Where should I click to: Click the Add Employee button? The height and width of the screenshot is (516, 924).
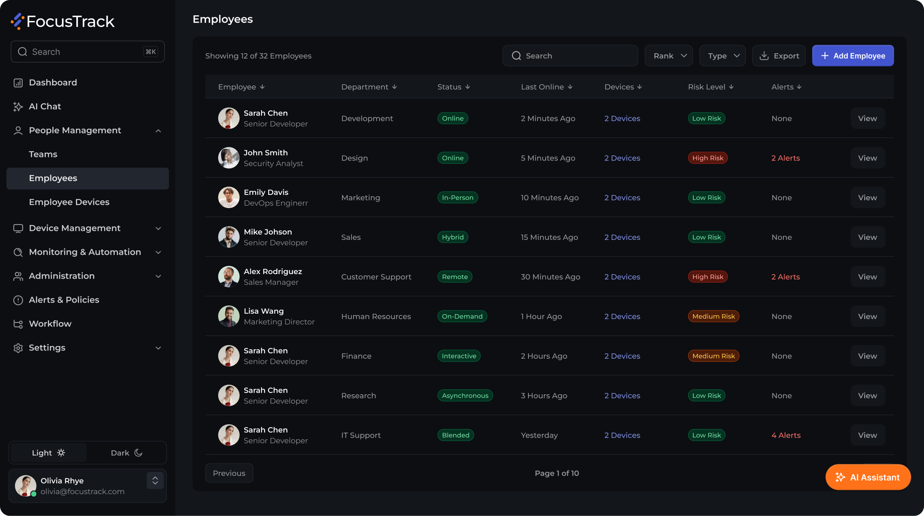[853, 56]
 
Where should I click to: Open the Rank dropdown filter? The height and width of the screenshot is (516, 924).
[669, 56]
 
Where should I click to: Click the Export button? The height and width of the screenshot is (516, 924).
[779, 56]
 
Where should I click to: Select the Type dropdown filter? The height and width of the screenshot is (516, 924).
[722, 56]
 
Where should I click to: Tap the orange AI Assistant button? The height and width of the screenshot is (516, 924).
[868, 477]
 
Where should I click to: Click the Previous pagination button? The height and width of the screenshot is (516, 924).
[229, 473]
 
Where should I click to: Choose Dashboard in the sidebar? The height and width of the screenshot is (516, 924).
[53, 83]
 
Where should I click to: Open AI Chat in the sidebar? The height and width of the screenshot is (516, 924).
[45, 107]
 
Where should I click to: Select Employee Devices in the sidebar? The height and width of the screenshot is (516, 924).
[69, 202]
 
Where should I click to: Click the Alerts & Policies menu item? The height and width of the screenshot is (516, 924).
[64, 300]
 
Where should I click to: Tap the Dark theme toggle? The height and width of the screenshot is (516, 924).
[127, 453]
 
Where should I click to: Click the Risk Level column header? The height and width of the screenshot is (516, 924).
[711, 87]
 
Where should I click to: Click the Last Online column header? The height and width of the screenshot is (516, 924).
[547, 87]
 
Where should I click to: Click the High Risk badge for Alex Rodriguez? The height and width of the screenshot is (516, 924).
[708, 277]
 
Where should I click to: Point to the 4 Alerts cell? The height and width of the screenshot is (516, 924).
[786, 435]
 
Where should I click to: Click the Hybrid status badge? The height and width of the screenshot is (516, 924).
[453, 237]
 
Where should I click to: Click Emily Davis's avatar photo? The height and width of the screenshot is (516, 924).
[229, 197]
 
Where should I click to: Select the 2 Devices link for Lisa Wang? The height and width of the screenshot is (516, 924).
[622, 316]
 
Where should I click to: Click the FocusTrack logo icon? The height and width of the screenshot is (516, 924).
[17, 21]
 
